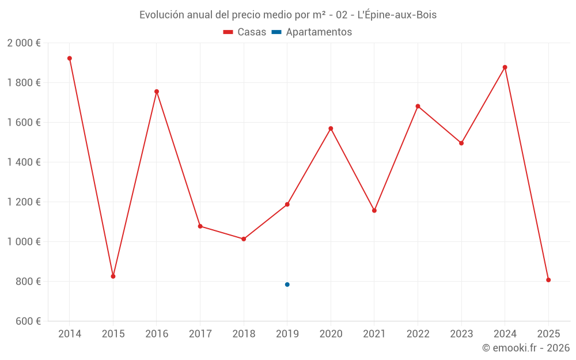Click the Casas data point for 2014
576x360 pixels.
[x=70, y=58]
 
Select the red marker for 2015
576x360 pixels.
[x=113, y=276]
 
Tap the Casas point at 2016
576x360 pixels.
[x=157, y=92]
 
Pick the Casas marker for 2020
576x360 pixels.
[x=331, y=128]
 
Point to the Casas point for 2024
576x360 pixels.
[x=505, y=67]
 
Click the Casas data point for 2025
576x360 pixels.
[x=548, y=280]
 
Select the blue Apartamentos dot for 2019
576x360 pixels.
[x=287, y=285]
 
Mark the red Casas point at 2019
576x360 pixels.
[x=287, y=204]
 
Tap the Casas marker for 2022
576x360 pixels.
[x=418, y=106]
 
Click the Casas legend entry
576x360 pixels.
[x=245, y=32]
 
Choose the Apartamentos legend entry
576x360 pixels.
[x=312, y=32]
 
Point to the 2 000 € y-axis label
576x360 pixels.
[x=24, y=43]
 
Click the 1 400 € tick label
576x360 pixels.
[x=24, y=162]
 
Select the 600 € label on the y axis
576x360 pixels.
[x=27, y=321]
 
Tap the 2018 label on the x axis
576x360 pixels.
[x=244, y=334]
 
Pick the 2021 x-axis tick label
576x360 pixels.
[x=374, y=334]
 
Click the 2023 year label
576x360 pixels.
[x=461, y=334]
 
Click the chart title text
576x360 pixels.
[x=288, y=15]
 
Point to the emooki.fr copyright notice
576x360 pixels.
[x=525, y=348]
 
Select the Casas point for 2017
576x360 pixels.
[x=200, y=226]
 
